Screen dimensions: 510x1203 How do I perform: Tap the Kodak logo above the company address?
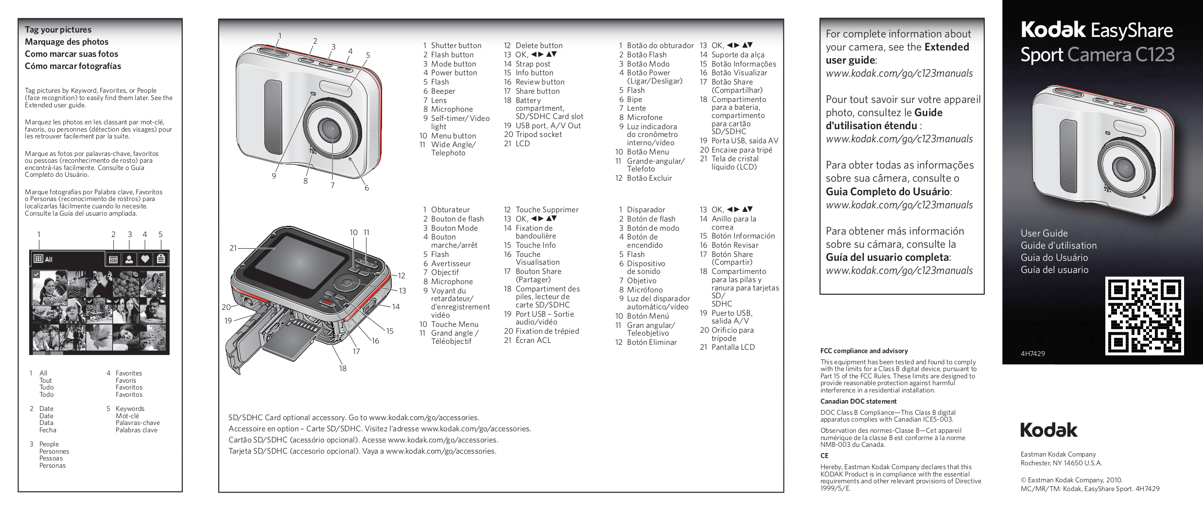click(1048, 430)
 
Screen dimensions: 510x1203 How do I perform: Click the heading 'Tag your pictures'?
click(58, 30)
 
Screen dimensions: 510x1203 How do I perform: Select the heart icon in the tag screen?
click(145, 259)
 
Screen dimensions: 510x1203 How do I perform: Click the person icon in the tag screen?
click(129, 259)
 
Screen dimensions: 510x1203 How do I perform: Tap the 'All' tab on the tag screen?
click(44, 259)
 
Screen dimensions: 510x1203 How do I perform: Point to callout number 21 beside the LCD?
click(233, 248)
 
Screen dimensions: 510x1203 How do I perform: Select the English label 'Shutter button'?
click(456, 46)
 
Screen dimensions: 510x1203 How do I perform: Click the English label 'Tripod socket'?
click(539, 135)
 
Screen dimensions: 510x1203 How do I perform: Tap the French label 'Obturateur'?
click(450, 210)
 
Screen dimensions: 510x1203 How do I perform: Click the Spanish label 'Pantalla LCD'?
click(733, 347)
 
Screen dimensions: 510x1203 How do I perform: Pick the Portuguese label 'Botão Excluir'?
click(649, 178)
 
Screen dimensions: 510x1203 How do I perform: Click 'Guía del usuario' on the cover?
click(1054, 270)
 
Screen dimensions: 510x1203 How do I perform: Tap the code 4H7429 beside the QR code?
click(1032, 354)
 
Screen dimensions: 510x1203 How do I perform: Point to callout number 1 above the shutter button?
click(280, 35)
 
